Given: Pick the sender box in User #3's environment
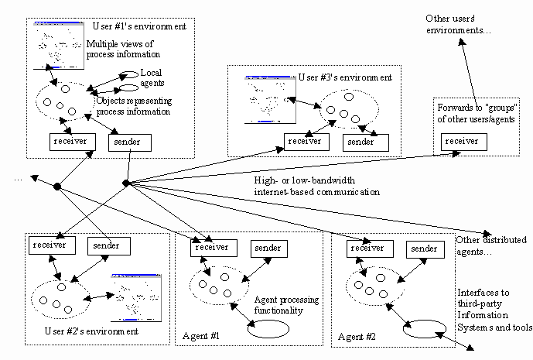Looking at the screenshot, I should pyautogui.click(x=360, y=142).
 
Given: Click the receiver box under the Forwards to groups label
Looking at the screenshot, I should pyautogui.click(x=464, y=142).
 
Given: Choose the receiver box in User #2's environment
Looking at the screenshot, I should pyautogui.click(x=52, y=245).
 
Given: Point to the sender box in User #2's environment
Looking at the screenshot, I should pyautogui.click(x=108, y=245).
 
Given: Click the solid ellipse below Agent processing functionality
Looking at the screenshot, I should pyautogui.click(x=268, y=327).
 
